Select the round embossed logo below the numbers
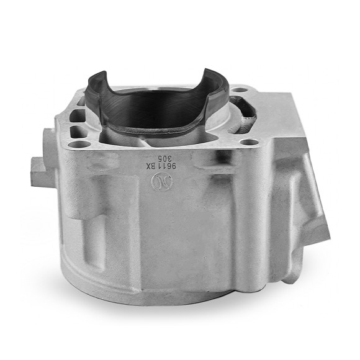coord(159,181)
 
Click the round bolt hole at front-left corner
coord(76,145)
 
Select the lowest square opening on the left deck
coord(78,131)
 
